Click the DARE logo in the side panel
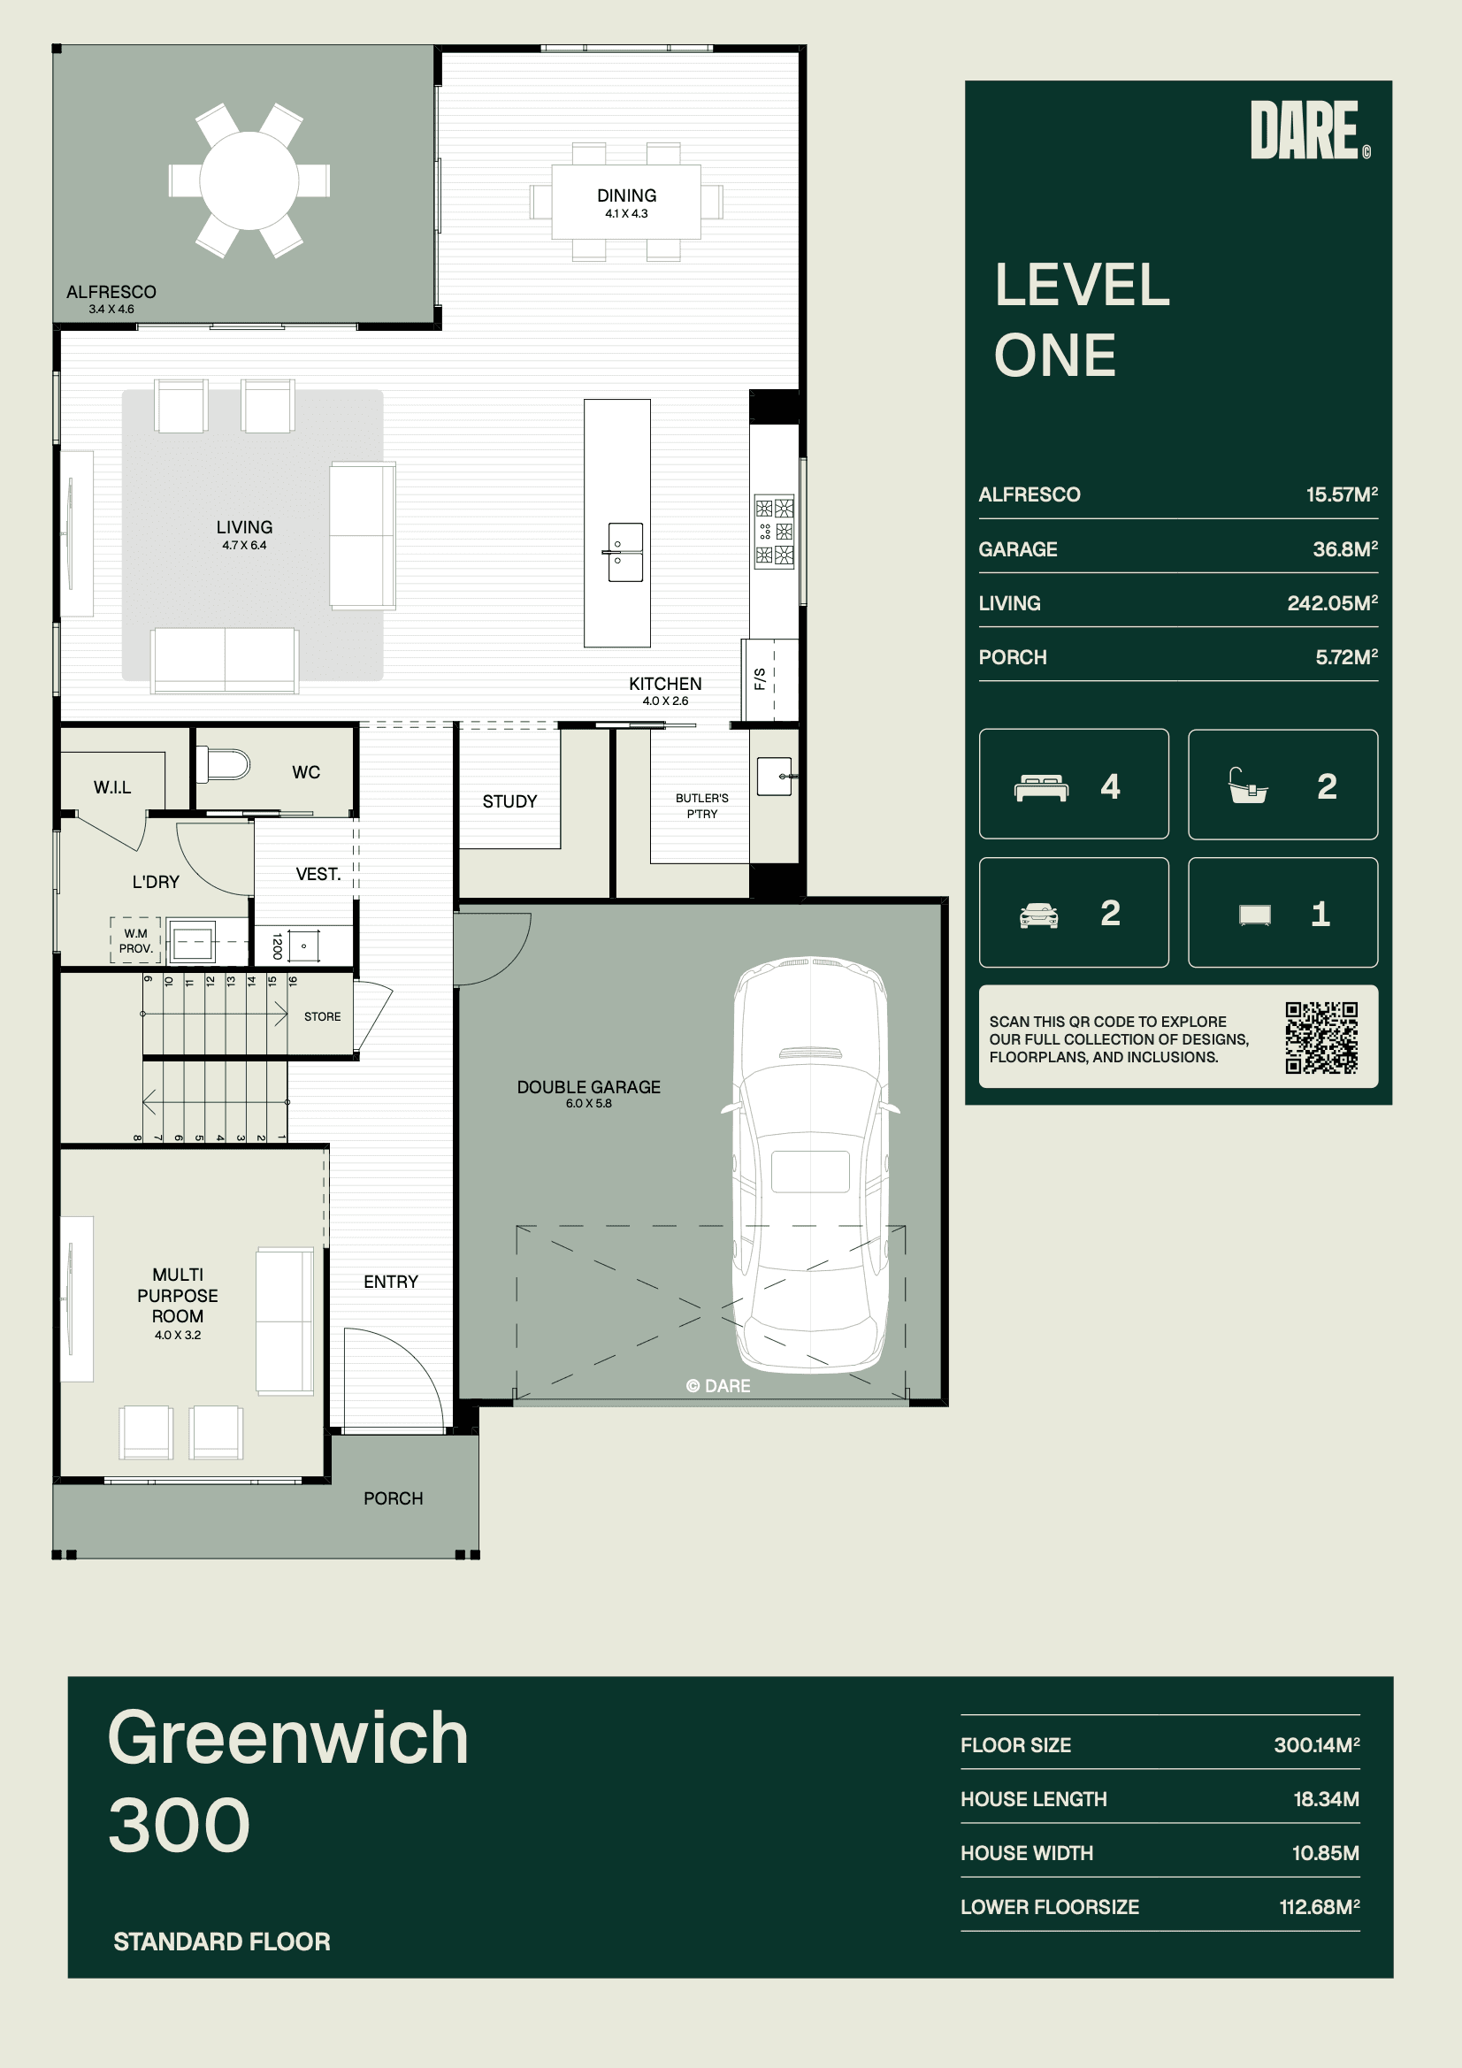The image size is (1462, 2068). (x=1311, y=130)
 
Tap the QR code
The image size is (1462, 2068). (x=1321, y=1038)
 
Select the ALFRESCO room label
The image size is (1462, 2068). (x=111, y=292)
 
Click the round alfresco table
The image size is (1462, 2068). (x=249, y=180)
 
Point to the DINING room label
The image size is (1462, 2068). (x=626, y=195)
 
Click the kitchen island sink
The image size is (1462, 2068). (x=625, y=552)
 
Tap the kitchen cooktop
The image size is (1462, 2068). (x=775, y=532)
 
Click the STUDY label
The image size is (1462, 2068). (x=509, y=801)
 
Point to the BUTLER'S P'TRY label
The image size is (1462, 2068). (x=701, y=806)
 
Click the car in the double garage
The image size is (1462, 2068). (x=811, y=1165)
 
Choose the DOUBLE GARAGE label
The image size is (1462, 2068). (x=588, y=1087)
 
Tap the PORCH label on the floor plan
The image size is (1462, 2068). (x=393, y=1497)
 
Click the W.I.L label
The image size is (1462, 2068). (x=112, y=788)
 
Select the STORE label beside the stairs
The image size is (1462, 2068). (x=323, y=1017)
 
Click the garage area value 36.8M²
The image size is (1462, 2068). (x=1345, y=548)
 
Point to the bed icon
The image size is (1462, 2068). (x=1041, y=787)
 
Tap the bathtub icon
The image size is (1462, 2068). (x=1249, y=785)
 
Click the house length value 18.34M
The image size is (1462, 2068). (x=1326, y=1799)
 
